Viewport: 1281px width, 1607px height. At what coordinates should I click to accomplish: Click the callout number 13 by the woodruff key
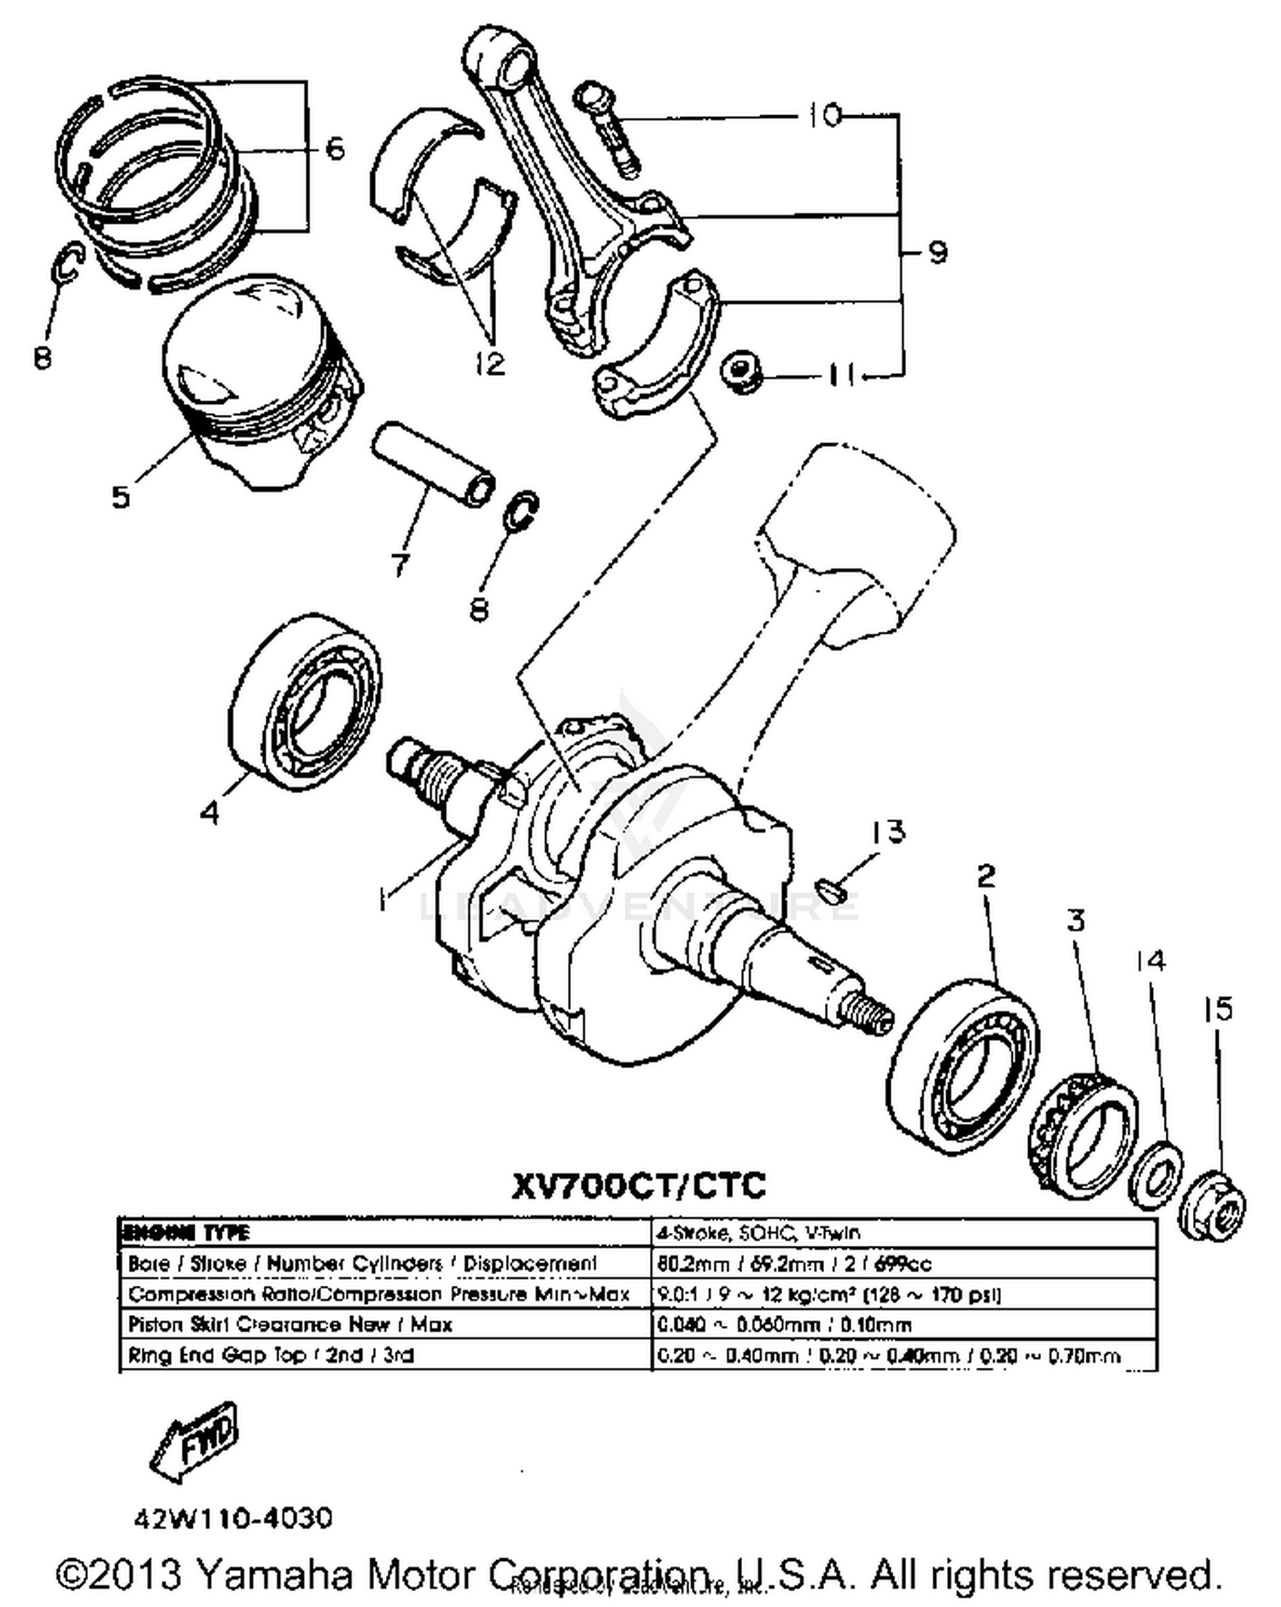[887, 831]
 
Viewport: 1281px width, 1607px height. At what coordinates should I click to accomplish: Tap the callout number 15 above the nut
[1218, 1009]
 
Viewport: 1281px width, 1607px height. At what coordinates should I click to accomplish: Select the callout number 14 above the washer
[1150, 961]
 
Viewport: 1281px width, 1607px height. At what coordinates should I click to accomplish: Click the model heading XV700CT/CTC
[639, 1185]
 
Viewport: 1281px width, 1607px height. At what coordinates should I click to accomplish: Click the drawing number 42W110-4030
[232, 1519]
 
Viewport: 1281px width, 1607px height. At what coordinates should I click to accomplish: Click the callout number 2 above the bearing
[986, 875]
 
